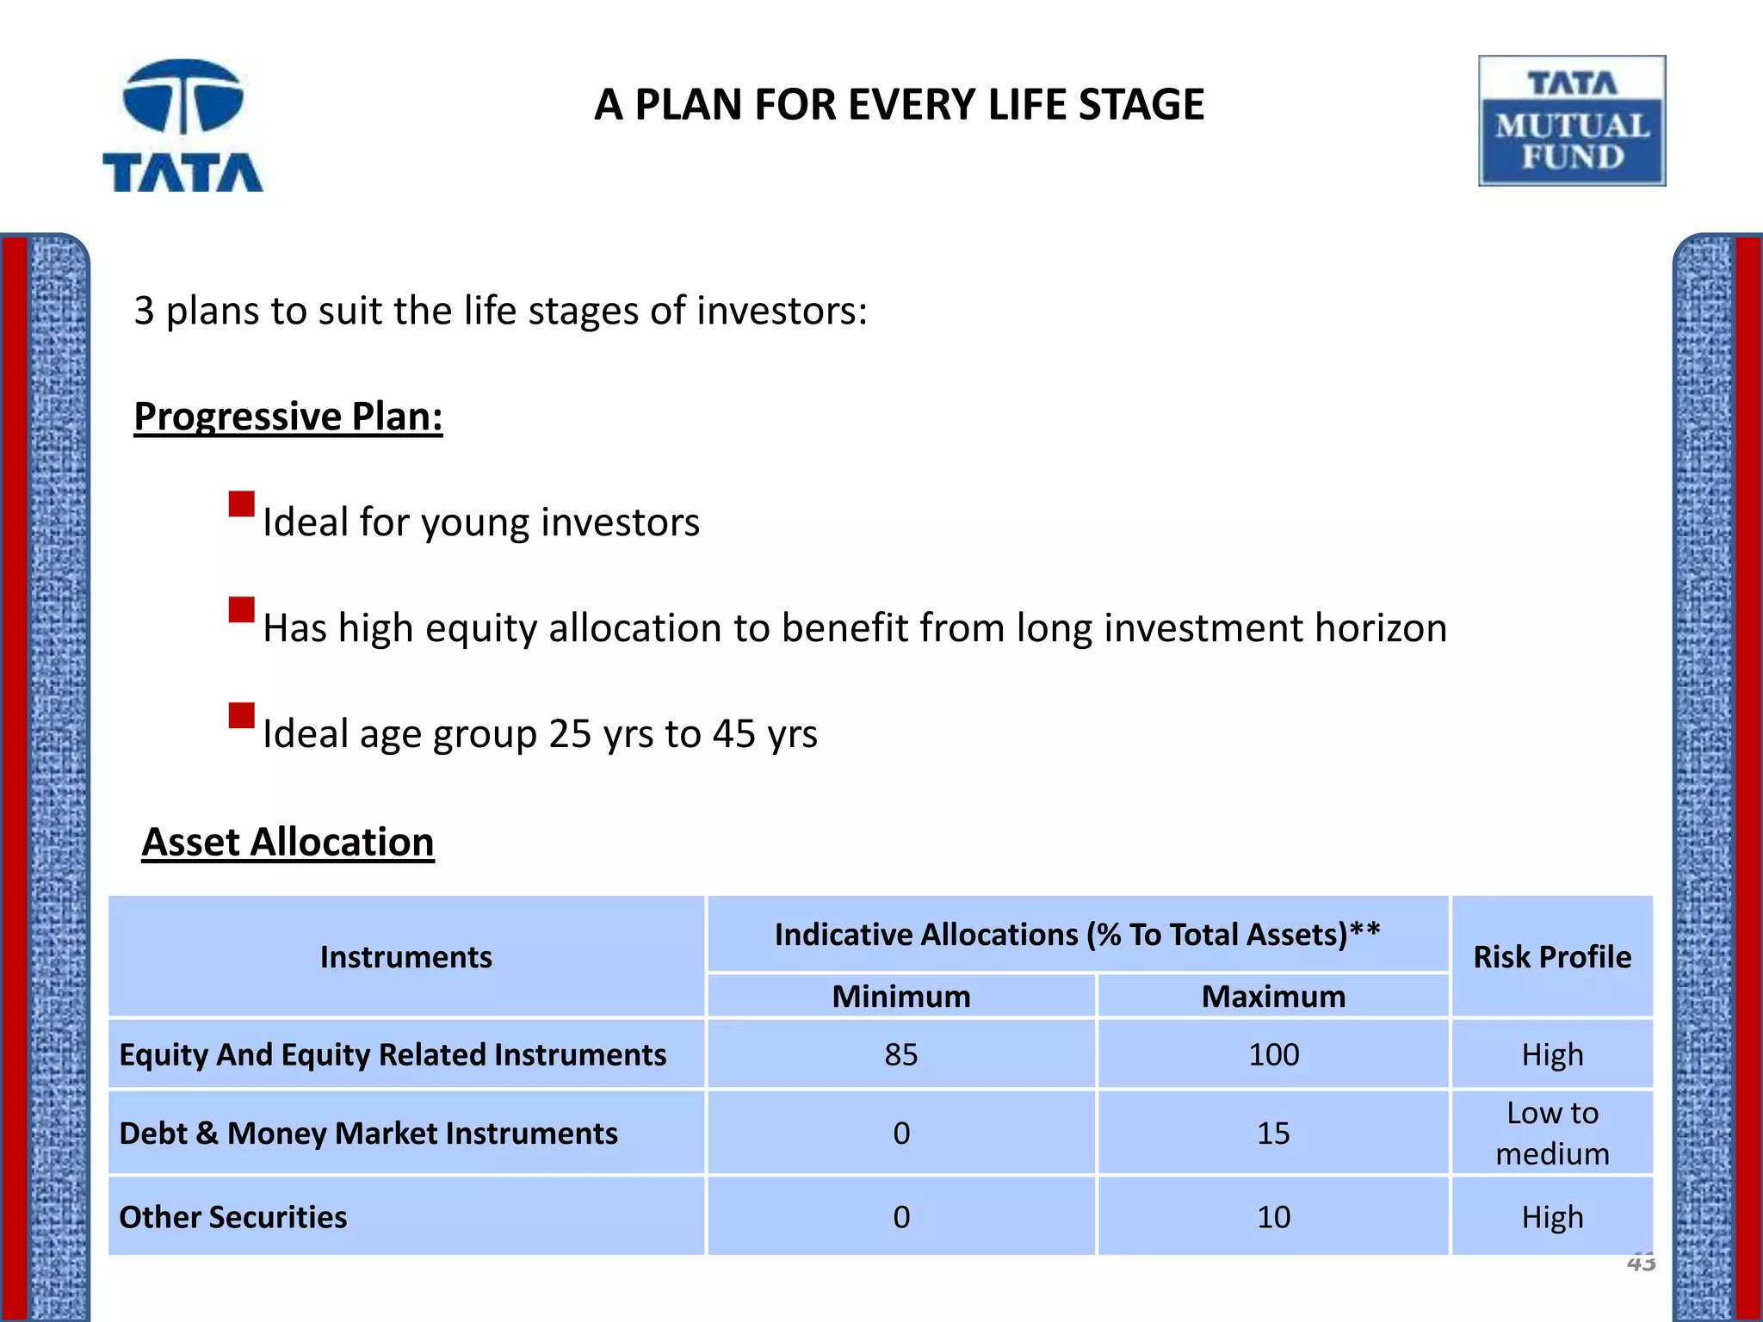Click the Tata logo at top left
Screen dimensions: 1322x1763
(x=182, y=126)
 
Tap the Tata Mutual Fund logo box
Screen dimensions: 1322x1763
(x=1571, y=121)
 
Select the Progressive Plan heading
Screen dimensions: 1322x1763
(x=288, y=417)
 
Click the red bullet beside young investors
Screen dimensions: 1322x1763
(x=242, y=503)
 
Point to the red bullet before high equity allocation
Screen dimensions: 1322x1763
(x=242, y=609)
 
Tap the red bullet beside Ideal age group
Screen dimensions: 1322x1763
(x=242, y=715)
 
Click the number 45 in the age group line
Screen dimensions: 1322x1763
(x=733, y=734)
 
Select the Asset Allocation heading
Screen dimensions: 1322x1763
(x=288, y=842)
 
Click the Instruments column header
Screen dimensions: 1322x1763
(x=406, y=957)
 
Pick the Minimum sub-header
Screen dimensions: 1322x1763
(x=901, y=997)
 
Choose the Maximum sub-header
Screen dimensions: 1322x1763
(x=1273, y=997)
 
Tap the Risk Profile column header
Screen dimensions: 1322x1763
(x=1552, y=957)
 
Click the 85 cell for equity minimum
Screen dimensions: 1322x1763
(x=901, y=1055)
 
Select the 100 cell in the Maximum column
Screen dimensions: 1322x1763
(x=1273, y=1055)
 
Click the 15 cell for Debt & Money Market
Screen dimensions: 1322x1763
(x=1273, y=1134)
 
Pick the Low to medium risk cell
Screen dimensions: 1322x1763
(x=1552, y=1134)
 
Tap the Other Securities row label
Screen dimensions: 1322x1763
(x=233, y=1217)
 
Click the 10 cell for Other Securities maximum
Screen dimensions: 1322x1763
(x=1273, y=1217)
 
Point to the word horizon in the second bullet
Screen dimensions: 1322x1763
(x=1380, y=628)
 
